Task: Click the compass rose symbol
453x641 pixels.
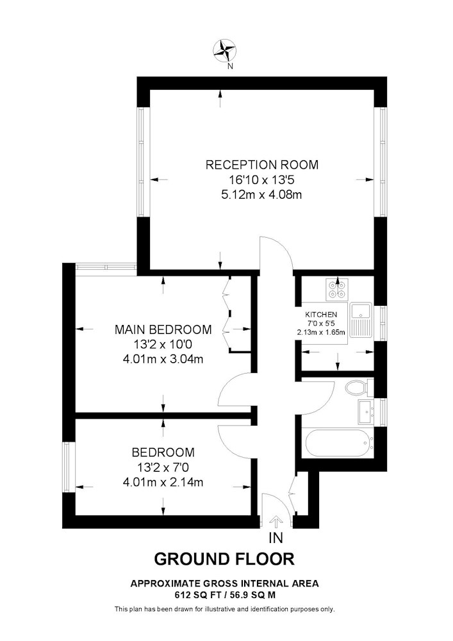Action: (225, 51)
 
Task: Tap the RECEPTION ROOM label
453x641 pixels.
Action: (262, 165)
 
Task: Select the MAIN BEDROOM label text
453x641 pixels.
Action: (163, 329)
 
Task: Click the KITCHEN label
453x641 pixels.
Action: (321, 315)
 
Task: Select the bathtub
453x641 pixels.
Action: (339, 443)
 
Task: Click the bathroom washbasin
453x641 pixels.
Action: (366, 412)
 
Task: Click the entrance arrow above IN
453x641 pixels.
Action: (277, 523)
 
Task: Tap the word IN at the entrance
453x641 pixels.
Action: (276, 538)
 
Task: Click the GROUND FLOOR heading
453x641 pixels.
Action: (224, 559)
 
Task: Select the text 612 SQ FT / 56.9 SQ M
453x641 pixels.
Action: (225, 595)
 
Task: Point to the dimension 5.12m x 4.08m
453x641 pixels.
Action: (261, 195)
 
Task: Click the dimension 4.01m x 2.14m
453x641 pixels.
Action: (163, 483)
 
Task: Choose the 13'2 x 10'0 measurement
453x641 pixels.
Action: (163, 345)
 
